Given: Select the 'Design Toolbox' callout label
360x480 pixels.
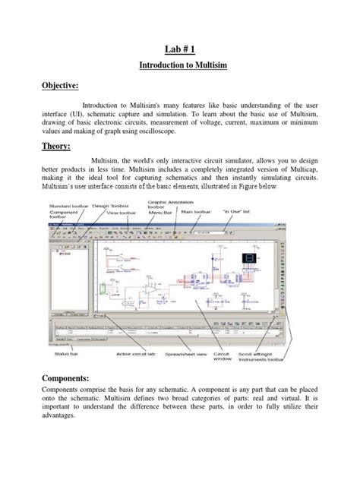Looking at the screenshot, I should point(111,206).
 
